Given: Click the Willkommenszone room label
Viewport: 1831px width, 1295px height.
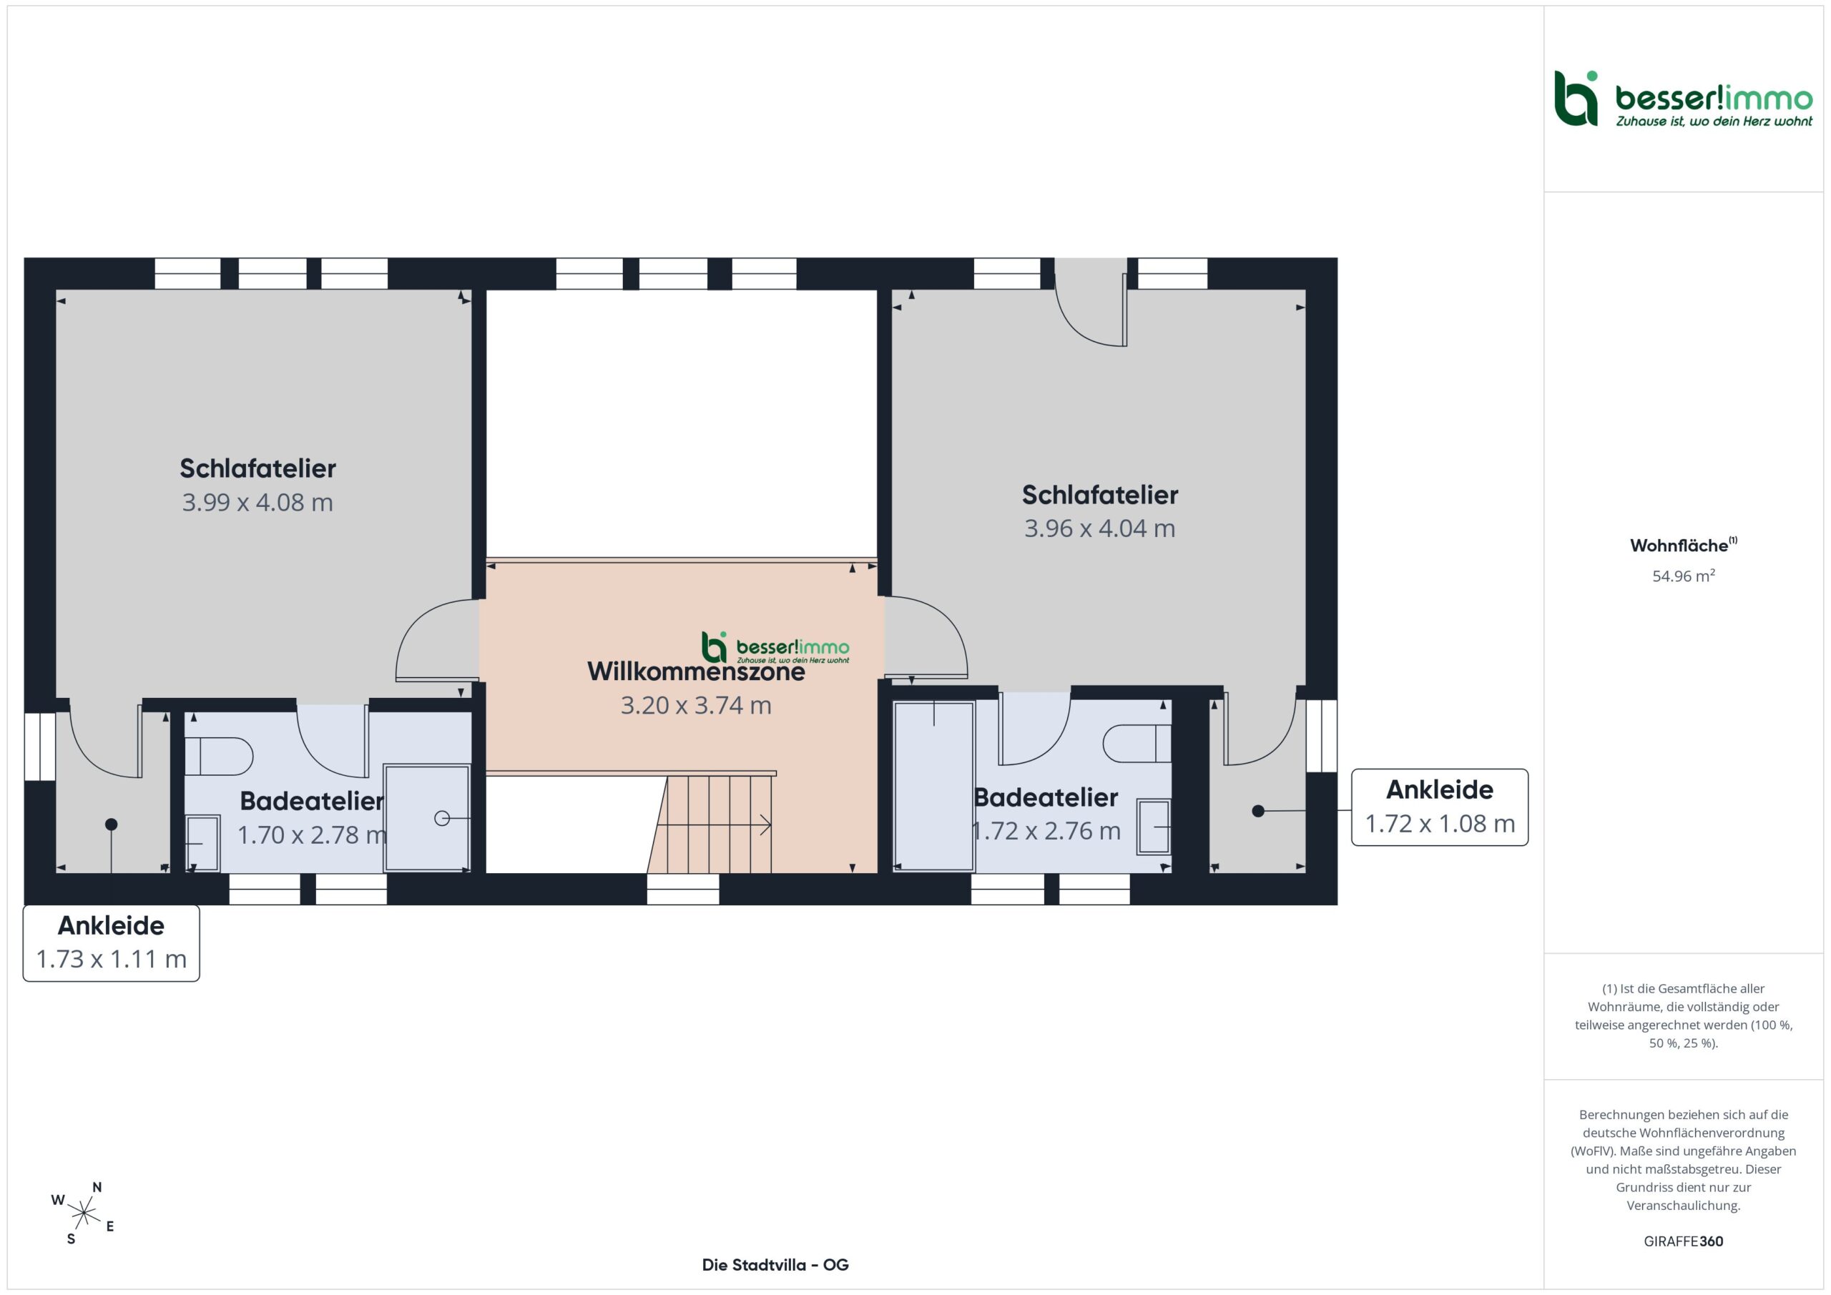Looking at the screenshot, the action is tap(695, 671).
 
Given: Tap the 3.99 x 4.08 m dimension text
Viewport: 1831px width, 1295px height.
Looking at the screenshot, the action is tap(257, 503).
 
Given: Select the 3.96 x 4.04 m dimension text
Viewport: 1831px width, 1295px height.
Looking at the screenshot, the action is tap(1100, 528).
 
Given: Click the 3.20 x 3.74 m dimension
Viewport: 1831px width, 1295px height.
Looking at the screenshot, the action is tap(695, 705).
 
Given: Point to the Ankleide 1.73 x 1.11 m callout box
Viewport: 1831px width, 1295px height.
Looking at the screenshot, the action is tap(111, 942).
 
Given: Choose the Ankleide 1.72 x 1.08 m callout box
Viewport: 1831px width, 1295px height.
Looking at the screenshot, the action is tap(1440, 807).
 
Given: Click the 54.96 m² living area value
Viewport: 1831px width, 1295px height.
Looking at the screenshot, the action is tap(1684, 576).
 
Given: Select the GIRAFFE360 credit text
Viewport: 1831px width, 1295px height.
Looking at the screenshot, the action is tap(1684, 1241).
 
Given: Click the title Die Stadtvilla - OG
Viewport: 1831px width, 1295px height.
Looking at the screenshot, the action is tap(775, 1265).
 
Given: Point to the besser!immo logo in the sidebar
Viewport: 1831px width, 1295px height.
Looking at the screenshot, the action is tap(1684, 99).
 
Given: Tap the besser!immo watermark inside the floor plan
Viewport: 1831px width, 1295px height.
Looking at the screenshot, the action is tap(775, 648).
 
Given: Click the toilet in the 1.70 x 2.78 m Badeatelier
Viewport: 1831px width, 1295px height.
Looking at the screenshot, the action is tap(219, 756).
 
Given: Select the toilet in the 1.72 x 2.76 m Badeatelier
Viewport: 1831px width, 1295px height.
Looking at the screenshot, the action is tap(1137, 743).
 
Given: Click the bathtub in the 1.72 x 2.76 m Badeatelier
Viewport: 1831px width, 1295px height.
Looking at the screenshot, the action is tap(934, 785).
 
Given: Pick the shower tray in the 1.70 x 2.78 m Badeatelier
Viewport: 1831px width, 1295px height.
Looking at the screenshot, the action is tap(427, 818).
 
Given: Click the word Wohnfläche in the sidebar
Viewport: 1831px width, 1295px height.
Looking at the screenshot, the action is tap(1679, 546).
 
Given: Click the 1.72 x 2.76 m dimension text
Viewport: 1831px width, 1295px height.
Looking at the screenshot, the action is tap(1046, 831).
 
